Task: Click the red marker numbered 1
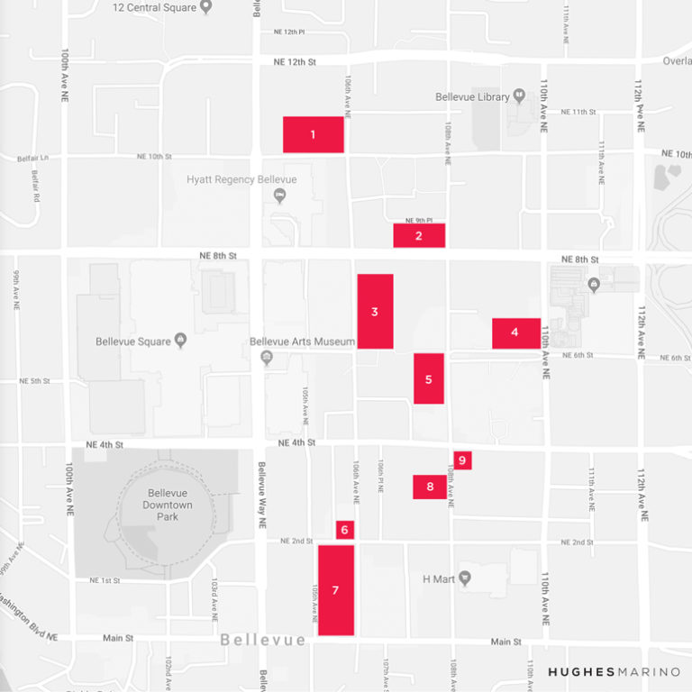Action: (x=313, y=134)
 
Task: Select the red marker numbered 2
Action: (x=419, y=235)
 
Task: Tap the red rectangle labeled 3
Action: (x=375, y=311)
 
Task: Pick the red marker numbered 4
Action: (x=515, y=332)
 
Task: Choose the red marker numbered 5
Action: (x=429, y=378)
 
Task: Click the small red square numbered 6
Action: (x=344, y=530)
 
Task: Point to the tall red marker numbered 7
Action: (x=335, y=590)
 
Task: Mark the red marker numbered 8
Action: (x=430, y=487)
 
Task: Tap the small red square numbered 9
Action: (x=462, y=460)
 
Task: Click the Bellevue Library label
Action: (x=473, y=97)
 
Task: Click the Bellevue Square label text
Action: (x=133, y=341)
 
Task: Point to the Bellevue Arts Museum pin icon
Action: (x=266, y=358)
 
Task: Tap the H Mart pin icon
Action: (x=465, y=578)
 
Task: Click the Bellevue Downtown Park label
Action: (x=167, y=505)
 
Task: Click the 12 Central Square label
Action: (x=154, y=7)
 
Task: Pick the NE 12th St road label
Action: (x=295, y=62)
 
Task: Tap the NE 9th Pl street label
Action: (x=419, y=220)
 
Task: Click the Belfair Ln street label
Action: (x=32, y=159)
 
